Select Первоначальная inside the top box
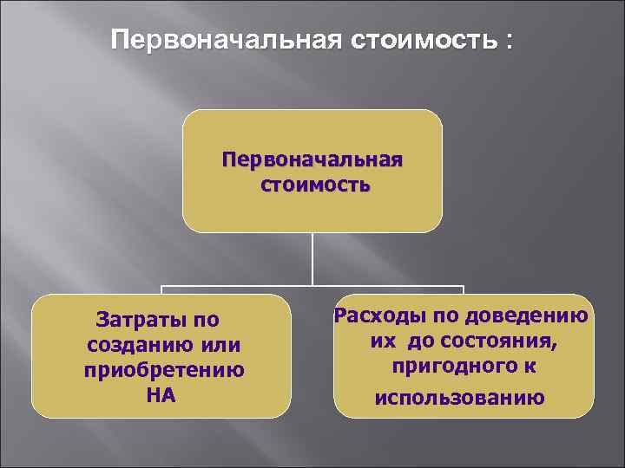click(312, 160)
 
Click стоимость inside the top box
click(312, 185)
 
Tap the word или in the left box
click(219, 346)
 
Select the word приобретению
click(163, 370)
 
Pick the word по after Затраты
click(207, 321)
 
